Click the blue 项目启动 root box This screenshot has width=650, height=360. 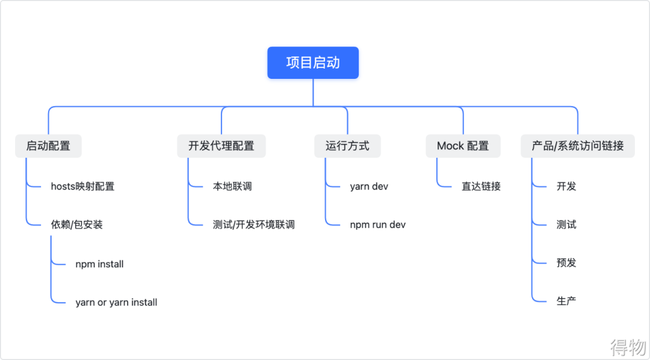313,63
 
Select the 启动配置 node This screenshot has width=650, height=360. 48,146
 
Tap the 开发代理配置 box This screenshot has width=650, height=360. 221,146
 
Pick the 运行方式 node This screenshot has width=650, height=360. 347,146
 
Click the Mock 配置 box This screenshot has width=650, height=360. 463,146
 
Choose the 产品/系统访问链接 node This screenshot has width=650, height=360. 577,146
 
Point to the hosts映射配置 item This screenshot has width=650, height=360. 82,187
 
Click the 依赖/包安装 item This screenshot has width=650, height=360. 76,225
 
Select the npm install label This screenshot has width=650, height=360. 99,264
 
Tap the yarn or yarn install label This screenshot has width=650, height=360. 116,302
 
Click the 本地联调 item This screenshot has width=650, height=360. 232,187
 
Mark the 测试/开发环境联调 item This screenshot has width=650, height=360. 253,225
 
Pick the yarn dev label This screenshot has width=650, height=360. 369,187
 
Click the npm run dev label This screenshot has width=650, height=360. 378,225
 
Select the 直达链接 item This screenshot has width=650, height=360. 481,187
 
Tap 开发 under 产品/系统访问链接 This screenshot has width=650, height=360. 566,187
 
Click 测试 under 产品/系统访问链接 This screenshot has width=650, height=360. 566,225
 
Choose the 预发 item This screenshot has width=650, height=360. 566,262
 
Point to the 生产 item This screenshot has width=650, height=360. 566,300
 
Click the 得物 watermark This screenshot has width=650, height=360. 628,347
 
